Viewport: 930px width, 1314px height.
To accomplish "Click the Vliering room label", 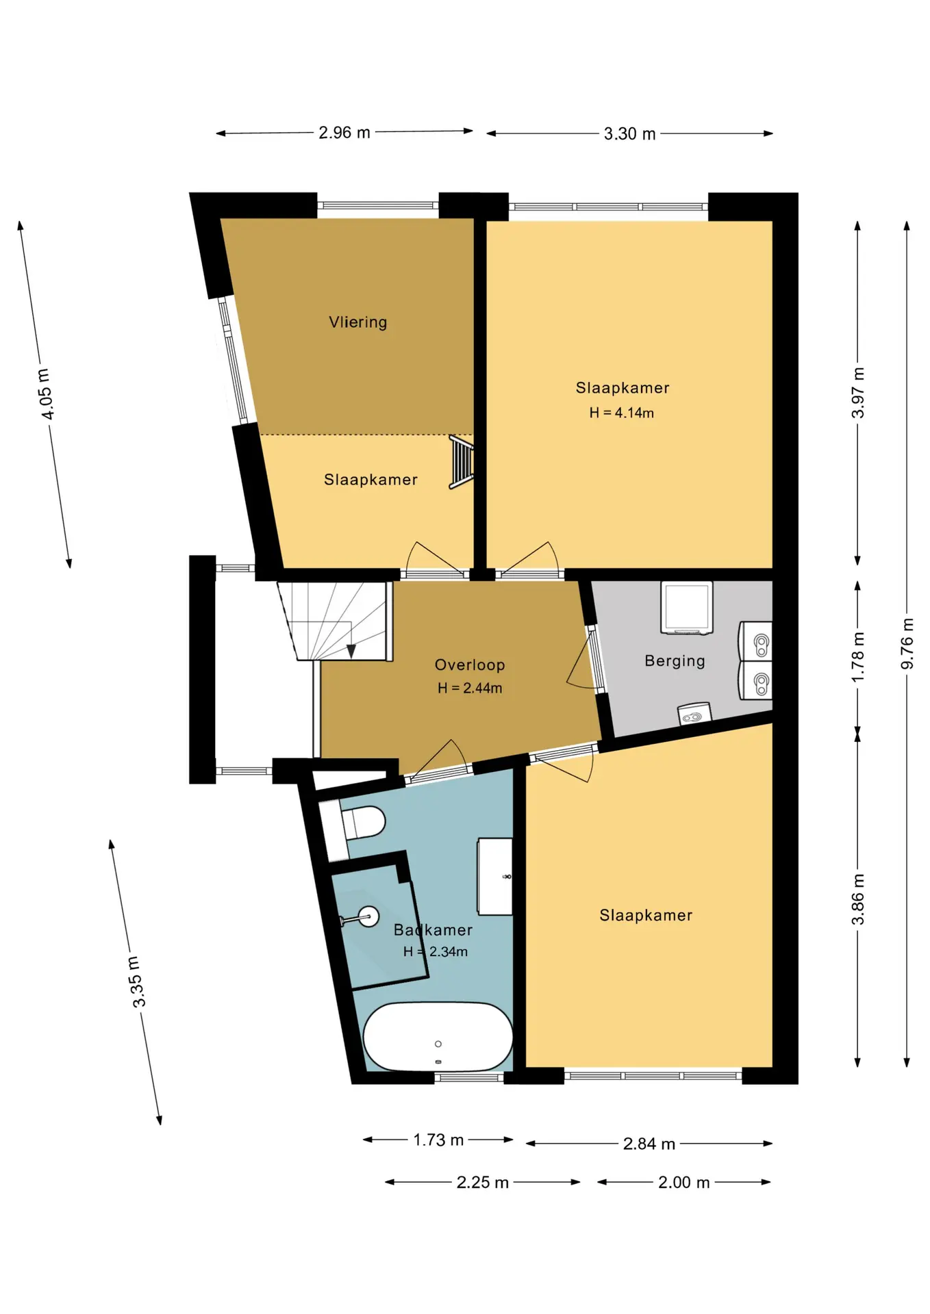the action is click(x=357, y=322).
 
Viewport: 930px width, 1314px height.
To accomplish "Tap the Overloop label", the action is click(x=470, y=665).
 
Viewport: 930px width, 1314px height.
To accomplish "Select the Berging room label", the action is click(x=675, y=661).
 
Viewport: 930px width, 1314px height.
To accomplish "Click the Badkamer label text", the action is click(x=433, y=930).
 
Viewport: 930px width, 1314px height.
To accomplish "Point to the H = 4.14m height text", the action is click(x=621, y=413).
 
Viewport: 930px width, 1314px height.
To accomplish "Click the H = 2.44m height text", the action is click(x=470, y=688).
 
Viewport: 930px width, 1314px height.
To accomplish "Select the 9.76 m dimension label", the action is click(x=907, y=644).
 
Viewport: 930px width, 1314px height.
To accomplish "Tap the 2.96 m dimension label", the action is click(x=344, y=133).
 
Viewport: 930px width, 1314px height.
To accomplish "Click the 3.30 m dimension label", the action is click(x=629, y=134).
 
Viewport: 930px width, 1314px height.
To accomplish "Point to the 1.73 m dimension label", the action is click(x=438, y=1140).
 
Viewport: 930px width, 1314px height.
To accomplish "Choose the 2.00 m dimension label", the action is click(x=683, y=1183).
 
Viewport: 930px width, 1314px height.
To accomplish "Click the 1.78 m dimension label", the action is click(x=858, y=657).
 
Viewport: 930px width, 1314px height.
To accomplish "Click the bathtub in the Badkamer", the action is click(x=438, y=1037).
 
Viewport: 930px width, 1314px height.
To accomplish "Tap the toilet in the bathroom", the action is click(x=363, y=822).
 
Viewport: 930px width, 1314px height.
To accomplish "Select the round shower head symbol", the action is click(x=369, y=916).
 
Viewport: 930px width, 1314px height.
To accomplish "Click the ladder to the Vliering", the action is click(x=461, y=462).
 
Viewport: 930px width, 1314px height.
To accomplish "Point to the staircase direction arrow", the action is click(x=351, y=651).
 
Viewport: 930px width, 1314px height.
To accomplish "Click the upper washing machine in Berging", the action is click(x=755, y=641).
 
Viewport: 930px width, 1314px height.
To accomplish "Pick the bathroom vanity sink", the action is click(x=495, y=876).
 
